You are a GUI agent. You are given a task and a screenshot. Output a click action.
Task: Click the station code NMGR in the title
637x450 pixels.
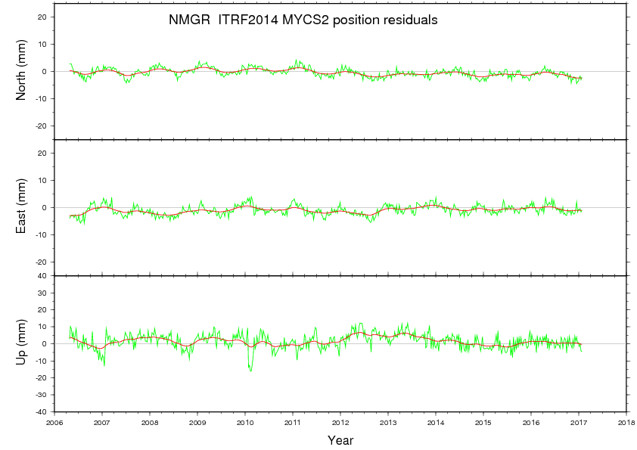pyautogui.click(x=185, y=21)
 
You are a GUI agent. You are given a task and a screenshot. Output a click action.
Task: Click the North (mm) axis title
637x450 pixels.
pyautogui.click(x=22, y=72)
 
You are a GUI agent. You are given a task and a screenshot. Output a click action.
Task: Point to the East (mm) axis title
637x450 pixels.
pyautogui.click(x=22, y=207)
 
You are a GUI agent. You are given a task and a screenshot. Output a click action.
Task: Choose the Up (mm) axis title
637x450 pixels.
pyautogui.click(x=22, y=343)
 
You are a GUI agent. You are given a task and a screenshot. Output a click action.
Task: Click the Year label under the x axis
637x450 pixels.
pyautogui.click(x=340, y=440)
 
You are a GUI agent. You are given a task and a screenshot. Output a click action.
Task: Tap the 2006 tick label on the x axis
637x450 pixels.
pyautogui.click(x=54, y=422)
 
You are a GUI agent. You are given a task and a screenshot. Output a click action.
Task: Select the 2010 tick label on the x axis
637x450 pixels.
pyautogui.click(x=245, y=422)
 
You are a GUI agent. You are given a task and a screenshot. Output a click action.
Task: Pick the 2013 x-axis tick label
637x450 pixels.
pyautogui.click(x=388, y=422)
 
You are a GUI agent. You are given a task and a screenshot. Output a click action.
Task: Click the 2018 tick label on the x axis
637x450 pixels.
pyautogui.click(x=626, y=422)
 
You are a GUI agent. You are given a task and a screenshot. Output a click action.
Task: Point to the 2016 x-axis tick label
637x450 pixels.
pyautogui.click(x=531, y=422)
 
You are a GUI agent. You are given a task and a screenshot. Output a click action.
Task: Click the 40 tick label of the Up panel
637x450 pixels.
pyautogui.click(x=43, y=276)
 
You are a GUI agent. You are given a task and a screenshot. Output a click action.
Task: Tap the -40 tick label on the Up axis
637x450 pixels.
pyautogui.click(x=42, y=412)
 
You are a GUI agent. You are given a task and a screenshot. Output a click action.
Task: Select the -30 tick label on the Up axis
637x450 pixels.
pyautogui.click(x=42, y=395)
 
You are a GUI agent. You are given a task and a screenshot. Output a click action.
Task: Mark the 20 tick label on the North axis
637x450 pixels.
pyautogui.click(x=43, y=17)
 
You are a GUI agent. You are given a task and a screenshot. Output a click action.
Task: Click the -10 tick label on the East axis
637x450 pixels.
pyautogui.click(x=42, y=234)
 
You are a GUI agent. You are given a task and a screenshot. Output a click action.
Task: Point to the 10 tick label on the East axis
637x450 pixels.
pyautogui.click(x=43, y=180)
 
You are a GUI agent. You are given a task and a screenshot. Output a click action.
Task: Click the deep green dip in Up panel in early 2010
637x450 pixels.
pyautogui.click(x=250, y=368)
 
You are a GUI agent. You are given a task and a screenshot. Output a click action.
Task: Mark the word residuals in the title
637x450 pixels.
pyautogui.click(x=411, y=21)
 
